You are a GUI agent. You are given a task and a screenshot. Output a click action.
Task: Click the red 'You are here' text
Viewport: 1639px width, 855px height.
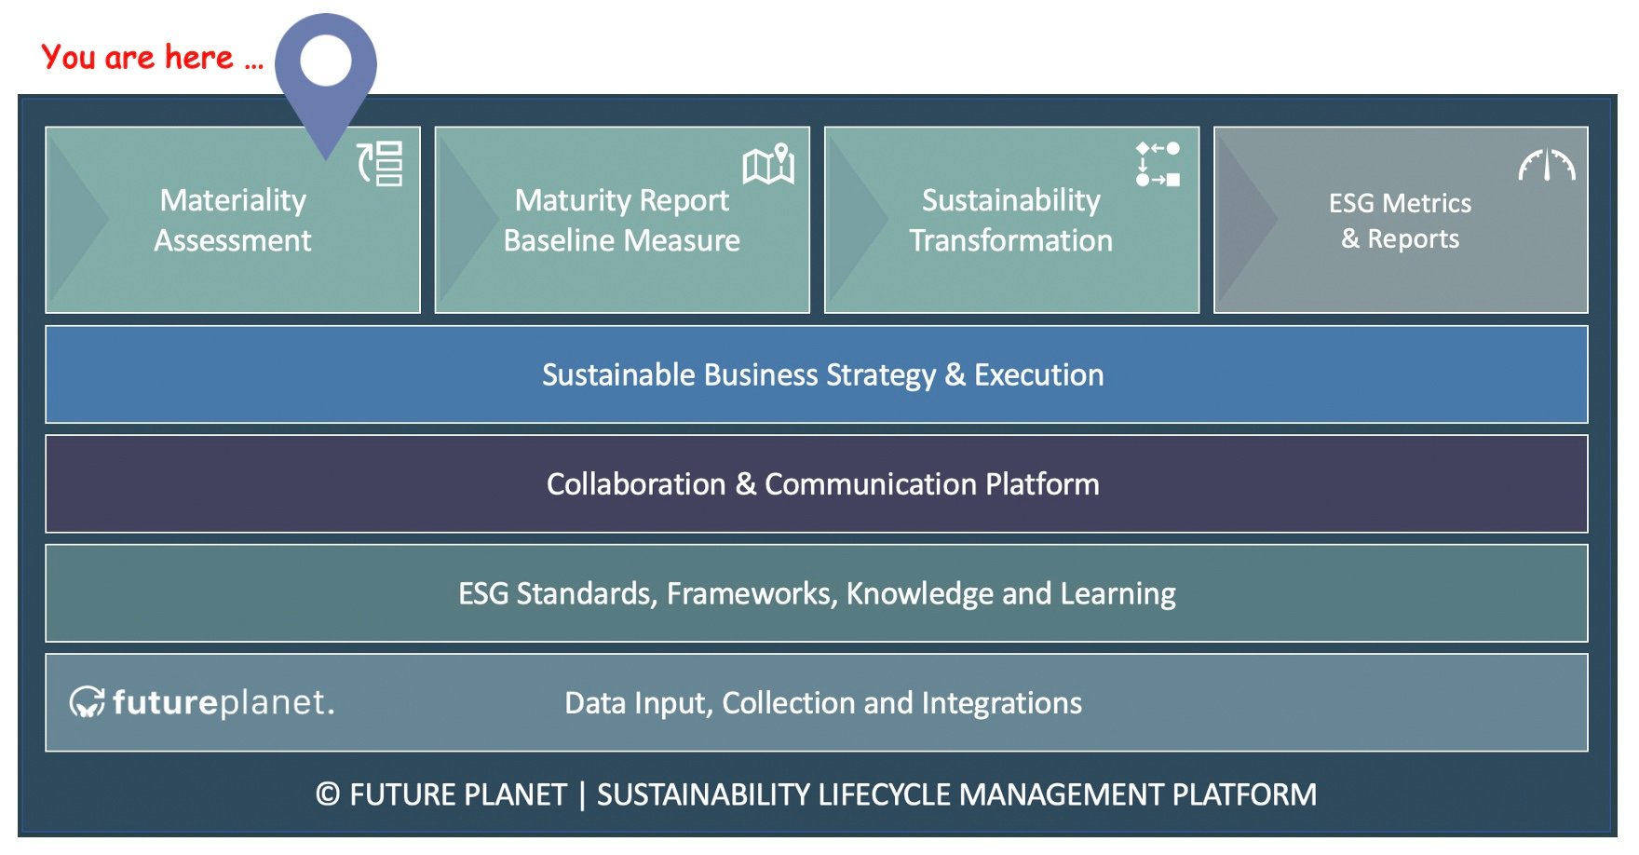pyautogui.click(x=153, y=58)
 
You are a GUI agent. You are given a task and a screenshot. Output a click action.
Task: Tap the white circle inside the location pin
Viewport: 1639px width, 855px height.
pyautogui.click(x=326, y=61)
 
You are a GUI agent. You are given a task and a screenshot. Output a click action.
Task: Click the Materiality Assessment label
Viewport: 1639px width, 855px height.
pyautogui.click(x=233, y=220)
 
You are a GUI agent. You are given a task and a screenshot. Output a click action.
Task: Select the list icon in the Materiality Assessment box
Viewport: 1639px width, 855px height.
pyautogui.click(x=381, y=164)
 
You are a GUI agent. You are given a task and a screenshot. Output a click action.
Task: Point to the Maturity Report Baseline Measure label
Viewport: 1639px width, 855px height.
pyautogui.click(x=622, y=220)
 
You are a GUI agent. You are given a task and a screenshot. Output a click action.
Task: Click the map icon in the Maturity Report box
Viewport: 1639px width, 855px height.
pyautogui.click(x=768, y=164)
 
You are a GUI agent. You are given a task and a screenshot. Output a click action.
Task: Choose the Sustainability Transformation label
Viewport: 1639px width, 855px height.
pyautogui.click(x=1011, y=220)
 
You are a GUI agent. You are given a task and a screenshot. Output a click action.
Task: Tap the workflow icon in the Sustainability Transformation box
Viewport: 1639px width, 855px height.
pyautogui.click(x=1158, y=164)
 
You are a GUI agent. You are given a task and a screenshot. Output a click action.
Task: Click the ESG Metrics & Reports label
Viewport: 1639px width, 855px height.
pyautogui.click(x=1400, y=221)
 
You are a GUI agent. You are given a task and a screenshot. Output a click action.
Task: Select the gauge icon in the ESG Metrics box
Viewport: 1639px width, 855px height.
pyautogui.click(x=1547, y=165)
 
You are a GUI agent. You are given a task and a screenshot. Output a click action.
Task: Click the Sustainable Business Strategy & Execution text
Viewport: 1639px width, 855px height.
pyautogui.click(x=823, y=374)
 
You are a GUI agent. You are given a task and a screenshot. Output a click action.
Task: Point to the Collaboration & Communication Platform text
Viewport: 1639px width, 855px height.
pyautogui.click(x=823, y=484)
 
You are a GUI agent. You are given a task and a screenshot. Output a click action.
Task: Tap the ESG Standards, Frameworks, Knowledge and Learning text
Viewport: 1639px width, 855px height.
pyautogui.click(x=817, y=593)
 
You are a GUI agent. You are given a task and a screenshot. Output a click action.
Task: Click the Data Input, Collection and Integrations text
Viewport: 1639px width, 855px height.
pyautogui.click(x=823, y=702)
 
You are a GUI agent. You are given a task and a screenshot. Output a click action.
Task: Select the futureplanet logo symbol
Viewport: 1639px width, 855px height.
pyautogui.click(x=88, y=702)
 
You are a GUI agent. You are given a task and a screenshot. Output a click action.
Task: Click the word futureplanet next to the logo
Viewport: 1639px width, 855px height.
pyautogui.click(x=223, y=702)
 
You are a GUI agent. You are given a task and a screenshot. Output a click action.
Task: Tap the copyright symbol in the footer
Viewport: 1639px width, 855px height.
pyautogui.click(x=328, y=794)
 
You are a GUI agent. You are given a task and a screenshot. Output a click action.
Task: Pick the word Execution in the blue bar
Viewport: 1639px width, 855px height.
pyautogui.click(x=1039, y=374)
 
